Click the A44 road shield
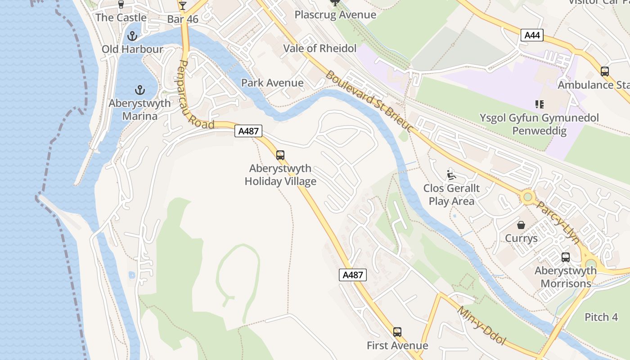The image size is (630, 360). click(x=532, y=35)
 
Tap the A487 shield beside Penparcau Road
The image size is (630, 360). click(x=248, y=131)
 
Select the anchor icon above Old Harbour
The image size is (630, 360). click(x=132, y=36)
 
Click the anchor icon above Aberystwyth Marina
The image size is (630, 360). click(x=140, y=90)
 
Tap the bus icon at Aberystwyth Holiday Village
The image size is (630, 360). click(x=280, y=155)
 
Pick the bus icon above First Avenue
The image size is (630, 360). click(x=397, y=332)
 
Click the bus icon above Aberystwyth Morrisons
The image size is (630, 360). click(x=566, y=257)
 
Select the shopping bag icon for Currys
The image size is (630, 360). click(x=521, y=225)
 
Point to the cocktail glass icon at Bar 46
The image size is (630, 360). click(x=182, y=6)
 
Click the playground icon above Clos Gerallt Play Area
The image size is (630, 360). click(x=451, y=175)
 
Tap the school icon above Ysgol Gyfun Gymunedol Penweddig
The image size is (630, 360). click(x=539, y=104)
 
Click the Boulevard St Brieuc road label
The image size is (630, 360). click(x=369, y=102)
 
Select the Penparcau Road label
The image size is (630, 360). click(x=195, y=94)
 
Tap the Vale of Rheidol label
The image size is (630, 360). click(x=319, y=49)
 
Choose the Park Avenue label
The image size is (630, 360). click(x=272, y=83)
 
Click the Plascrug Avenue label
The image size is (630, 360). click(x=335, y=15)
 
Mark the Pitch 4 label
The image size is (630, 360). click(x=601, y=317)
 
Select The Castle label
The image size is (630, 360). click(x=121, y=18)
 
